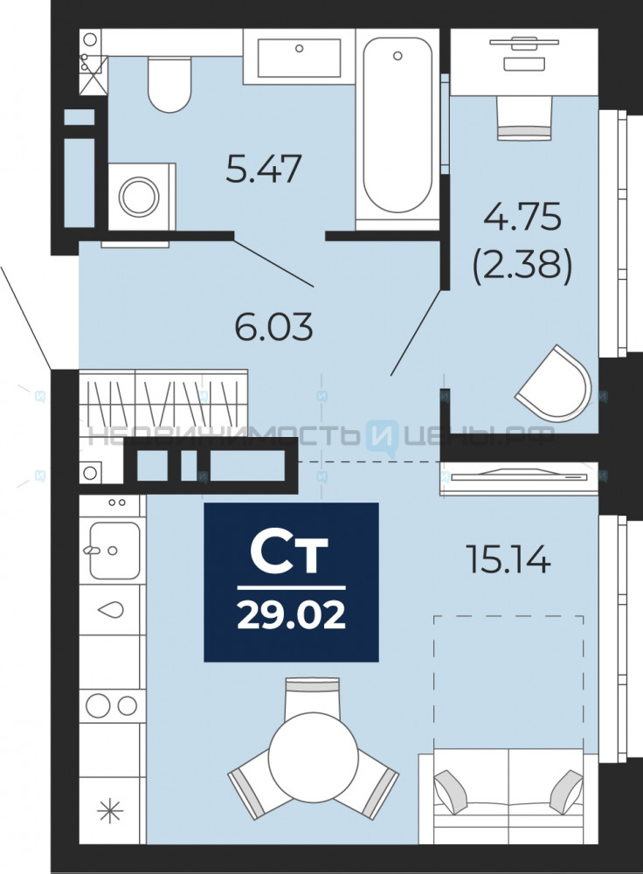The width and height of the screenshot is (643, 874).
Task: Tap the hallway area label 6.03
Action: click(273, 327)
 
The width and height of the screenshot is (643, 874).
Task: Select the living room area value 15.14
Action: click(508, 559)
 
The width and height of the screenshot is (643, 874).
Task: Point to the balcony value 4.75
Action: click(522, 216)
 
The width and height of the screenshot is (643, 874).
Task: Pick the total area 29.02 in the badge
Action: click(292, 615)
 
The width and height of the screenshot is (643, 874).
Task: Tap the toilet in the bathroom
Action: click(170, 84)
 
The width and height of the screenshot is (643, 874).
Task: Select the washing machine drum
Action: click(139, 197)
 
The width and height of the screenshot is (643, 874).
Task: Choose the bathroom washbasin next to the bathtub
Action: click(299, 57)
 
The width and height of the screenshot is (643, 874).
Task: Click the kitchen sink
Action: click(114, 550)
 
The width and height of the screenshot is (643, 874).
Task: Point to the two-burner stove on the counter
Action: click(112, 705)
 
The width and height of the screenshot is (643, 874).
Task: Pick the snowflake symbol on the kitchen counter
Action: click(110, 810)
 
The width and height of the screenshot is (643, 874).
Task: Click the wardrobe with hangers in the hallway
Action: click(163, 402)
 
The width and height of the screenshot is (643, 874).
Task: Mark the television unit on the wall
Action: click(519, 478)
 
